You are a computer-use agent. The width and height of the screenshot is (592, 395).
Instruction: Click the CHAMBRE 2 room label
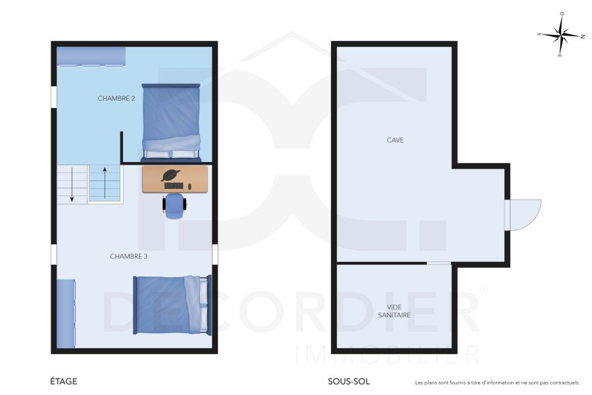click(x=116, y=98)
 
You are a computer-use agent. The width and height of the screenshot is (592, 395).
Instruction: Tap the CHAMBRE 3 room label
click(x=128, y=256)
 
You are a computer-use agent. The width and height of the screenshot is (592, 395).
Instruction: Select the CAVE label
click(x=395, y=140)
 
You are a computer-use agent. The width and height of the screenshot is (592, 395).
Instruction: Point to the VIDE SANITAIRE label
click(x=395, y=311)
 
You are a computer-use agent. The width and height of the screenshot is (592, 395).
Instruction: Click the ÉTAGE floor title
click(x=64, y=381)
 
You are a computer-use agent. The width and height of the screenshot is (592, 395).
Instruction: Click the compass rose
click(x=562, y=34)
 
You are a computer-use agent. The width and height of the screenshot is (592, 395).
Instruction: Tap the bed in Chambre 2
click(x=171, y=122)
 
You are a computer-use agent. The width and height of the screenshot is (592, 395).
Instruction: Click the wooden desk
click(x=175, y=179)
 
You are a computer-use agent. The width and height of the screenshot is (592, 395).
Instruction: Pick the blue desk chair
click(x=175, y=205)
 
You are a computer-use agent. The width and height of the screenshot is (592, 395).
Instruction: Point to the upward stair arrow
click(x=105, y=182)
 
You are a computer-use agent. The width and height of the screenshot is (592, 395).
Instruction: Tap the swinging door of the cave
click(x=525, y=215)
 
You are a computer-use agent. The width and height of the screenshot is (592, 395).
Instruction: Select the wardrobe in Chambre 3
click(x=66, y=313)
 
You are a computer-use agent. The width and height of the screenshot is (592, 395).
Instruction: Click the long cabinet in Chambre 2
click(x=91, y=57)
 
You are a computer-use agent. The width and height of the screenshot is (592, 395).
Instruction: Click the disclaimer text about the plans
click(x=497, y=382)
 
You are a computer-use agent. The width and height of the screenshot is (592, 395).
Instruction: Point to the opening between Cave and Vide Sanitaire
click(x=439, y=263)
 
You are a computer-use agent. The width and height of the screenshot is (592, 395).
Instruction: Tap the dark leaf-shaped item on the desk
click(x=170, y=175)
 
